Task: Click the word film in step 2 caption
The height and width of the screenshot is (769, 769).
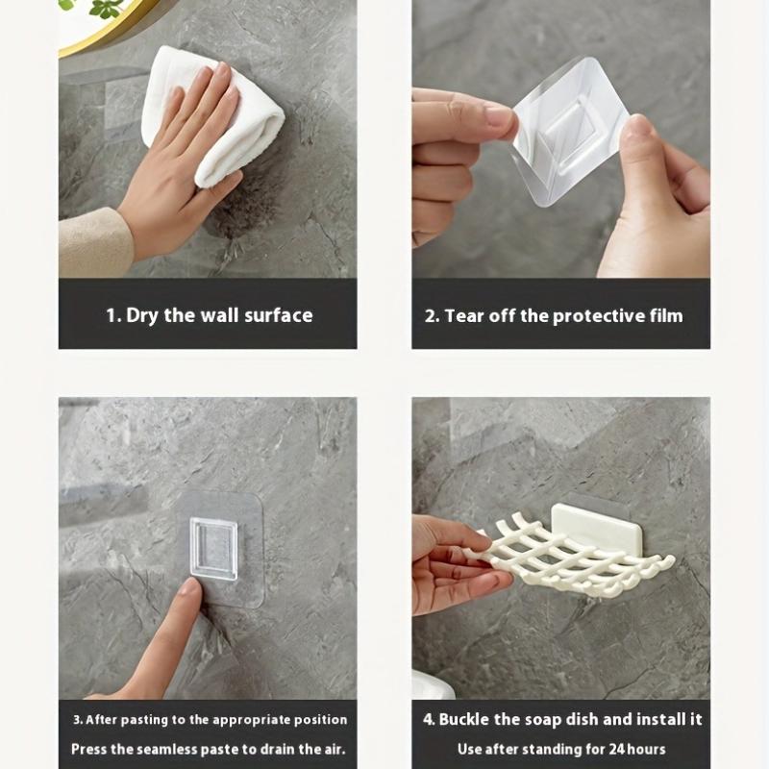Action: [663, 315]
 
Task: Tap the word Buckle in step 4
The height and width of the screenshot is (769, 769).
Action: [468, 719]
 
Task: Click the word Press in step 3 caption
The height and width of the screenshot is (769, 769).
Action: [90, 749]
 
